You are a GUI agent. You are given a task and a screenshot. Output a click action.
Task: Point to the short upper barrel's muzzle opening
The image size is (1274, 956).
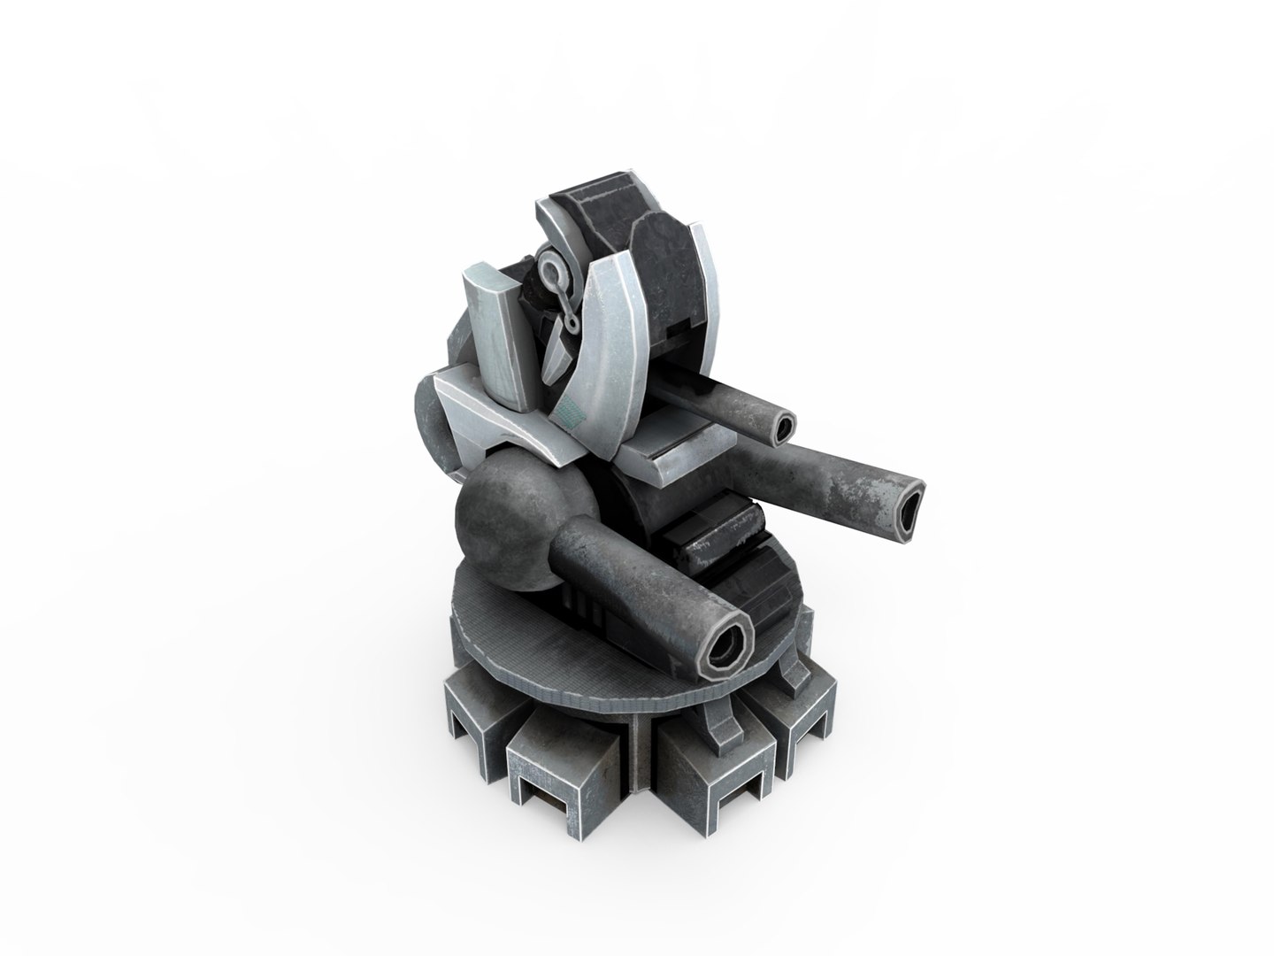tap(784, 428)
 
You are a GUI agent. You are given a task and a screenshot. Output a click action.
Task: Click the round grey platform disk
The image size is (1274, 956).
tap(566, 646)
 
